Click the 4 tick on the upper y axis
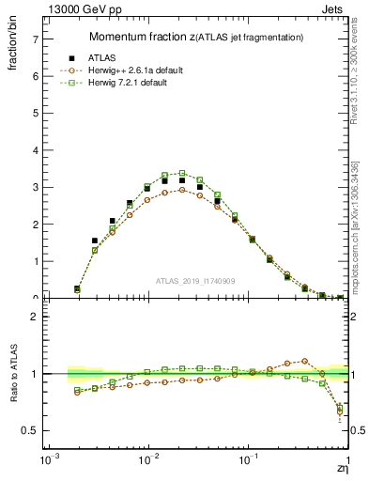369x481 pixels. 35,150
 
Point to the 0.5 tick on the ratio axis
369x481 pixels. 30,430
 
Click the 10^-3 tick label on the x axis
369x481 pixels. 46,463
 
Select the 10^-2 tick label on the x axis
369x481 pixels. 147,463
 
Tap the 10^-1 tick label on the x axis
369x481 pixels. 248,463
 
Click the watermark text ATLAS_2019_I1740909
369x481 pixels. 196,281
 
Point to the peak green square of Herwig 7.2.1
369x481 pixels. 182,173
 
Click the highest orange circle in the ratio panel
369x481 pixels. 304,360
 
